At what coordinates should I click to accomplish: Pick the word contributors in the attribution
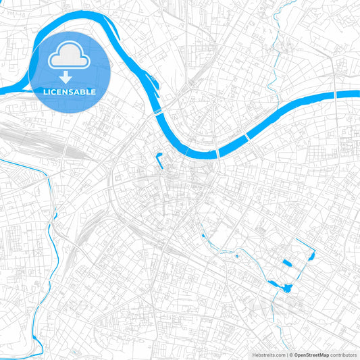point(344,355)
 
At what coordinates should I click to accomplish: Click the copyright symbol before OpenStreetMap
point(291,355)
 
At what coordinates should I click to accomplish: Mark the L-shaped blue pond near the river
point(161,161)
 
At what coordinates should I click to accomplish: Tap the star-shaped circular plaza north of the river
point(213,103)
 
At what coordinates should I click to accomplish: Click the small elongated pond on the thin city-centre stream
point(203,235)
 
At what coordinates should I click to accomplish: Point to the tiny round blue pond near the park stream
point(237,256)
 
